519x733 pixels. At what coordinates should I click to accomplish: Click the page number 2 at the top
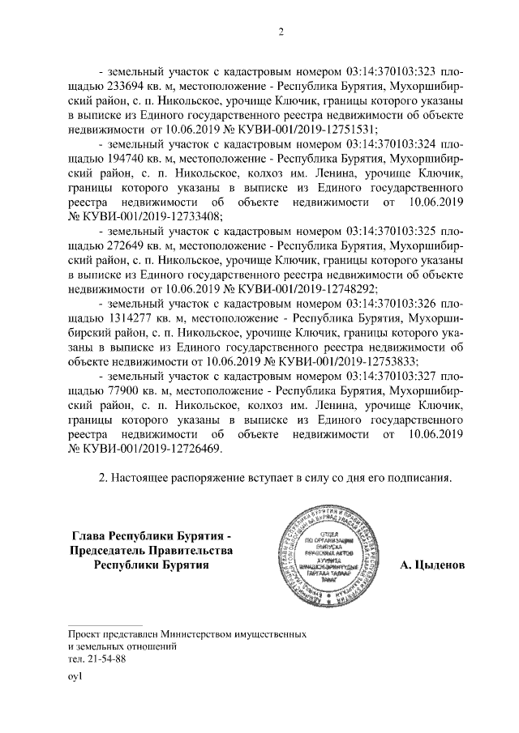(281, 32)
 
